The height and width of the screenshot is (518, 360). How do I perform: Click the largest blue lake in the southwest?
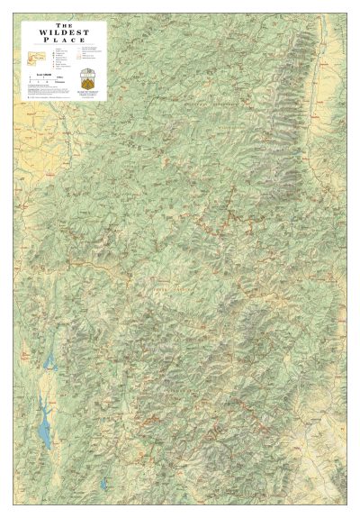click(42, 433)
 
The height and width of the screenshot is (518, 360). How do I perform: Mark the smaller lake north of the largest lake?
click(48, 362)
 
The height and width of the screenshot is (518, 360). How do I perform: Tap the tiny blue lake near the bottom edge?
click(103, 485)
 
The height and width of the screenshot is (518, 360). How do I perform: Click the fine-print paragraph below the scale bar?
click(45, 90)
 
